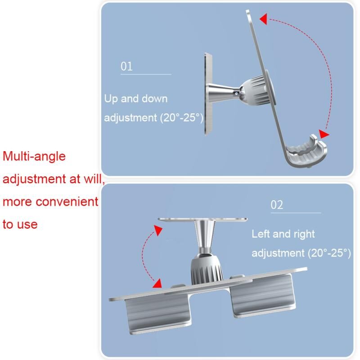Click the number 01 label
tap(126, 66)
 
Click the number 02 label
tap(277, 205)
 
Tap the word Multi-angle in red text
tap(34, 157)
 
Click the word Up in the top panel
tap(111, 99)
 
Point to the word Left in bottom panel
tap(261, 234)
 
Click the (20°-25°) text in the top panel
tap(182, 117)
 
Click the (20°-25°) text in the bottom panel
tap(329, 253)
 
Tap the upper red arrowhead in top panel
tap(264, 19)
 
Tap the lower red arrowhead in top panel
tap(324, 134)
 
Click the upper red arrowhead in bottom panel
tap(158, 230)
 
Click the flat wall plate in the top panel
tap(208, 94)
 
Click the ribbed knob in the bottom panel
tap(207, 269)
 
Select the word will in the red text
tap(94, 179)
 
